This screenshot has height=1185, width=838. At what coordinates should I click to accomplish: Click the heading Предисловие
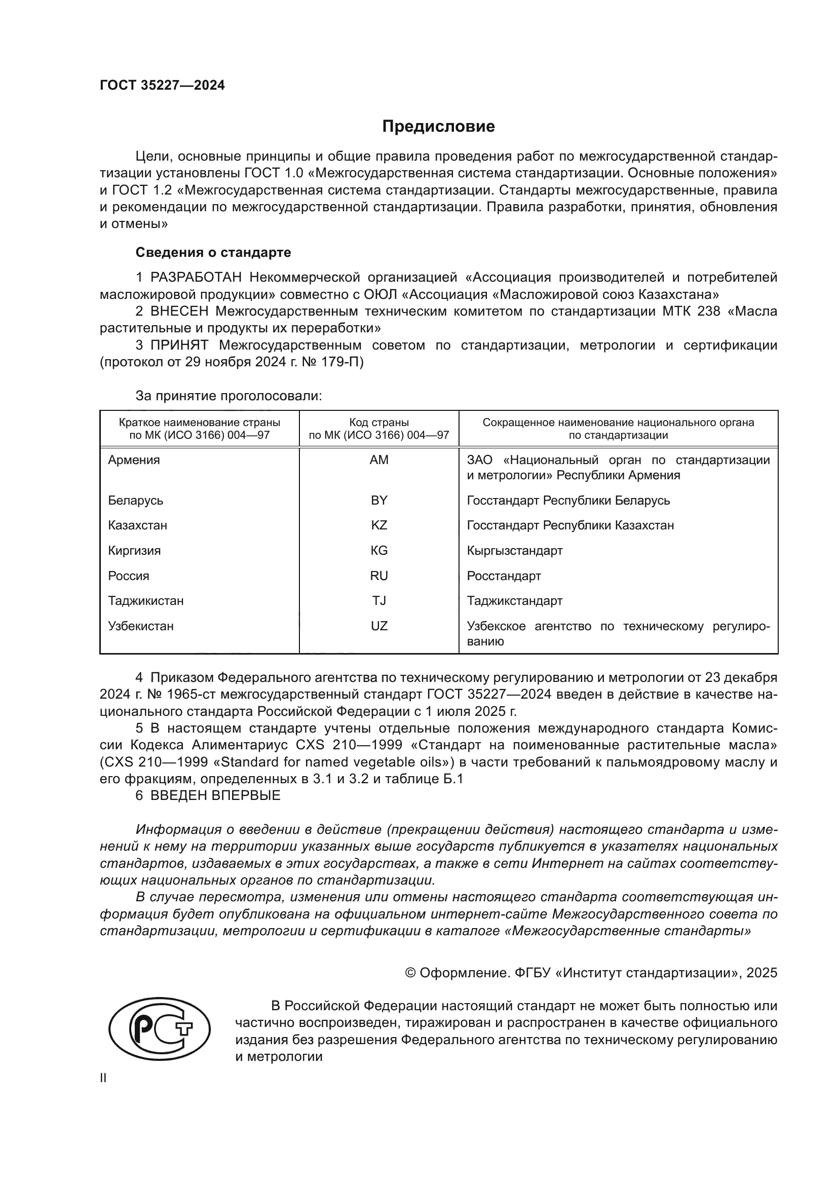pos(438,127)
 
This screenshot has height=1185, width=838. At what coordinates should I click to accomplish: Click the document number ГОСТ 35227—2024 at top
pos(162,86)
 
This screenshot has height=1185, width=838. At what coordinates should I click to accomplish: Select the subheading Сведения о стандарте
pos(213,252)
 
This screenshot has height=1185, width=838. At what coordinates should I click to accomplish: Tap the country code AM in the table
pos(379,460)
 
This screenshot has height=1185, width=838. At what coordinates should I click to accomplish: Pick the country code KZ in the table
pos(379,525)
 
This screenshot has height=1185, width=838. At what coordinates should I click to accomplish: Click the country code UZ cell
pos(379,626)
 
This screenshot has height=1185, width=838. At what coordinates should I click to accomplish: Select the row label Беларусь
pos(136,501)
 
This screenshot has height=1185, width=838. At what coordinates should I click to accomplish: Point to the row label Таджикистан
pos(145,601)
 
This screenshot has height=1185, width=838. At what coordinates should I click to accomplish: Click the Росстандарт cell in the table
pos(504,576)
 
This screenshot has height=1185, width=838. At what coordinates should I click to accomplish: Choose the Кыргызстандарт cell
pos(514,551)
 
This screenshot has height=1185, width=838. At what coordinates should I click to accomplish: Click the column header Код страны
pos(379,423)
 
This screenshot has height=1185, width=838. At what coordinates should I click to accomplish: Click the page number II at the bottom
pos(103,1078)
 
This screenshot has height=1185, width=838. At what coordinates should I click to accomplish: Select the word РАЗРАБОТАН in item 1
pos(196,278)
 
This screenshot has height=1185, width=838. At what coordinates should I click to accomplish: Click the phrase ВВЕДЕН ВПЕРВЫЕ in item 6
pos(215,795)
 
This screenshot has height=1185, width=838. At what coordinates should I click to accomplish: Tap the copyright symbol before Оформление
pos(410,973)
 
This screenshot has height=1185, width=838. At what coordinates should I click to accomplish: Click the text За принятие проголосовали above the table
pos(228,396)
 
